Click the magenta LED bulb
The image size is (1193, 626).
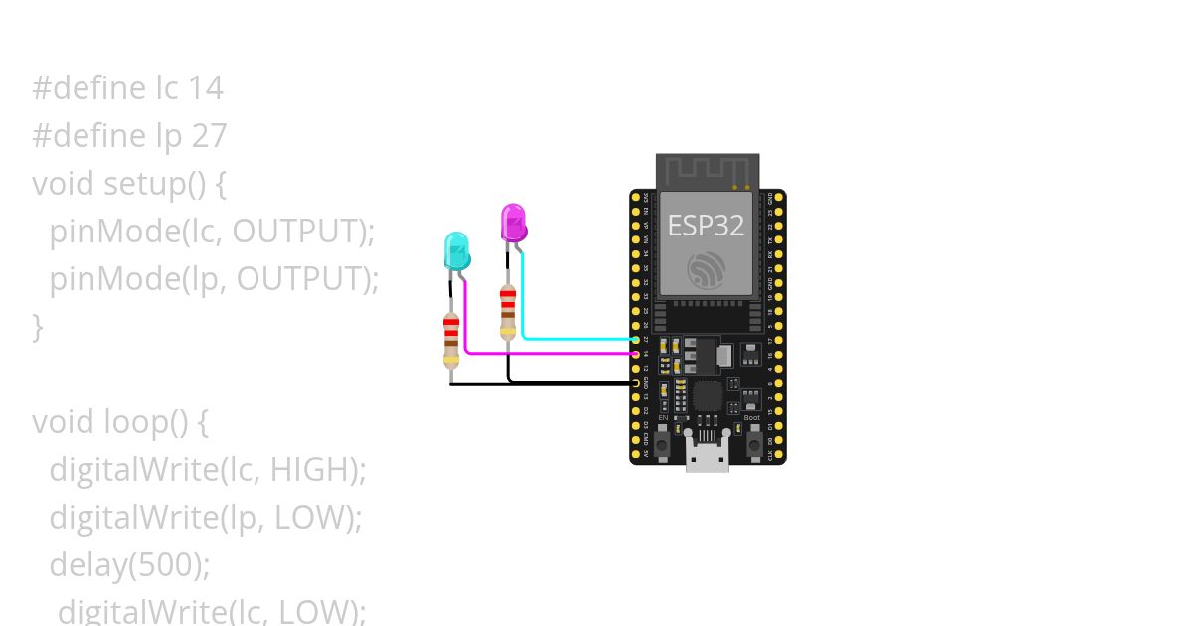tap(514, 222)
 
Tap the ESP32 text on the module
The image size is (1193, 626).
tap(705, 226)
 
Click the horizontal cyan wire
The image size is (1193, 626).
tap(577, 339)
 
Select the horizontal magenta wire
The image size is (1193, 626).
tap(547, 353)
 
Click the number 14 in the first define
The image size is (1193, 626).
tap(206, 88)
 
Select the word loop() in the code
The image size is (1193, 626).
tap(146, 422)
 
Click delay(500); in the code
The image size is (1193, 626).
tap(130, 565)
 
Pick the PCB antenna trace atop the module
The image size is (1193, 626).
tap(707, 170)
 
